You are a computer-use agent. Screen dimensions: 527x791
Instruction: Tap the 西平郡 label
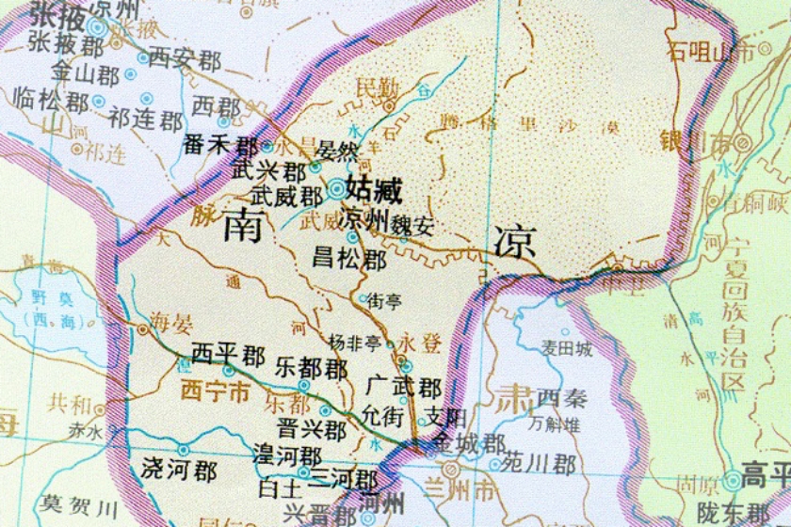click(228, 355)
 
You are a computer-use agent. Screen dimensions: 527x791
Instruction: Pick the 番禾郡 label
click(220, 147)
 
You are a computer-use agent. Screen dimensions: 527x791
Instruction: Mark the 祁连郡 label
click(146, 120)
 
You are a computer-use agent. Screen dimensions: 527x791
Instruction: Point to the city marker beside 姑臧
click(336, 188)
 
